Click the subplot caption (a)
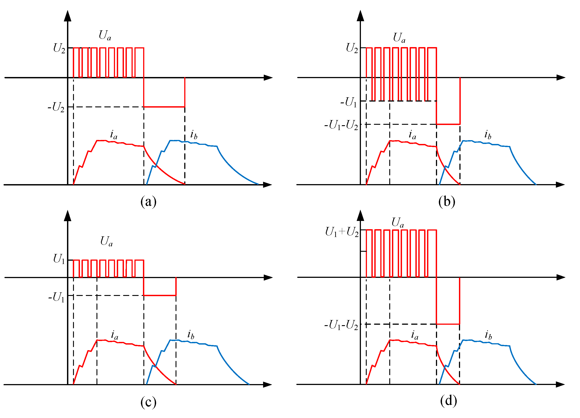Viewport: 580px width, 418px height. tap(148, 202)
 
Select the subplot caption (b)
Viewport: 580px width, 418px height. tap(447, 202)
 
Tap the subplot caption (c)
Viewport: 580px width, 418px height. tap(148, 402)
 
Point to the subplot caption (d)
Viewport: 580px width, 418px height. tap(448, 401)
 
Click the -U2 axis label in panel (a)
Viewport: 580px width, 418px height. tap(56, 107)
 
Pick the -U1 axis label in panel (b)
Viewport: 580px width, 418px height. tap(349, 102)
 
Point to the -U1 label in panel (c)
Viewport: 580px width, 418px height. tap(57, 297)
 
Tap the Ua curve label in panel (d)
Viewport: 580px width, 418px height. tap(398, 222)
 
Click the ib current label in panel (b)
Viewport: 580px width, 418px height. tap(488, 135)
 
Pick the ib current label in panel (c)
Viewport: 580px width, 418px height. tap(191, 335)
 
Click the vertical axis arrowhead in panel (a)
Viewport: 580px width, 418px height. tap(67, 16)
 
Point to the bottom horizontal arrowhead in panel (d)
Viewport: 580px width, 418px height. tap(560, 385)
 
